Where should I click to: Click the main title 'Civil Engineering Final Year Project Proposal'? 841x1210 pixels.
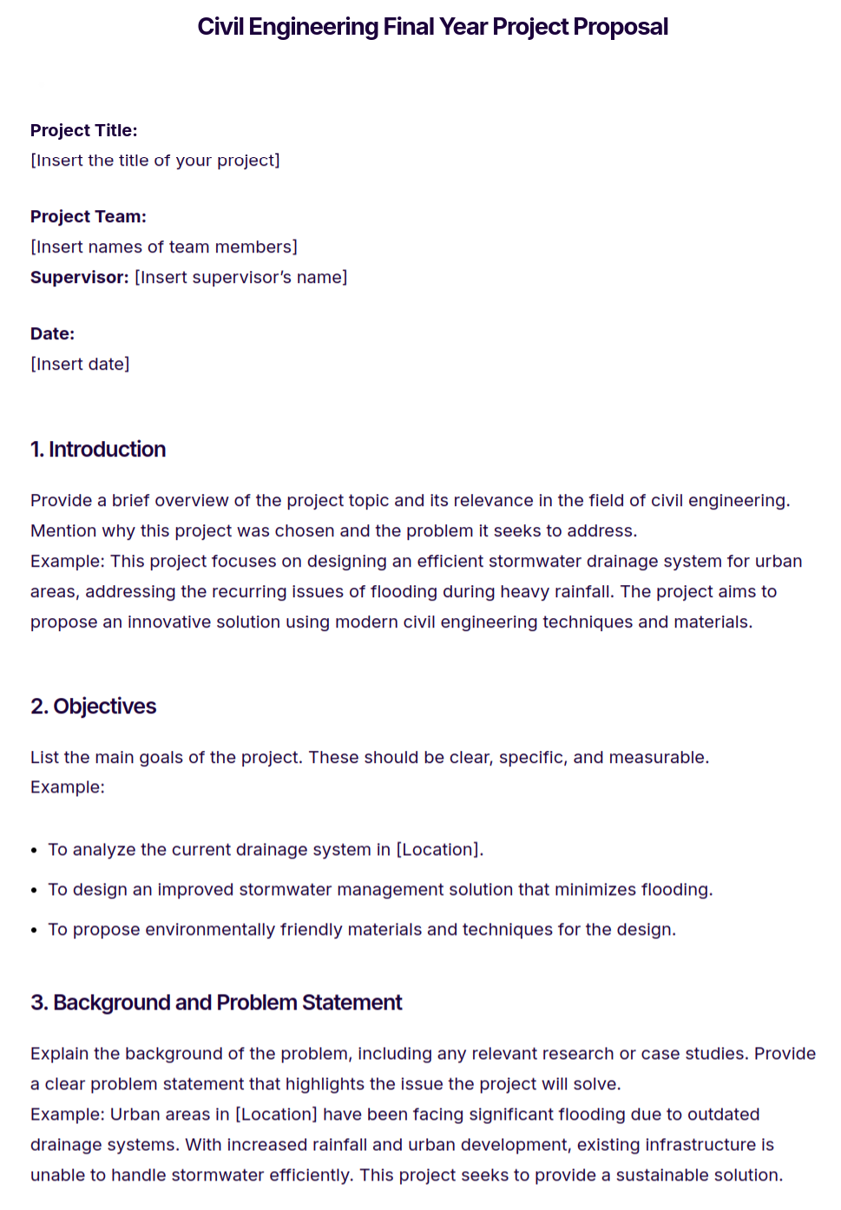432,27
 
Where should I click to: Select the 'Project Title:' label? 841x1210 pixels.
83,130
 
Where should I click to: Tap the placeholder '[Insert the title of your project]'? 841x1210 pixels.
155,161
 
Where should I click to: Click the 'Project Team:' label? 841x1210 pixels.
88,216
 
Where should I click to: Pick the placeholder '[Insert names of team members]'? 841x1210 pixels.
164,247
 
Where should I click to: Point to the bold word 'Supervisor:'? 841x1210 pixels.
79,278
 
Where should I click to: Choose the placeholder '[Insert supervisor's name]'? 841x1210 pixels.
241,278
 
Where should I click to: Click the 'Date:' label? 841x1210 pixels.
52,333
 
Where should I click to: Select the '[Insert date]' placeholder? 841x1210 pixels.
80,365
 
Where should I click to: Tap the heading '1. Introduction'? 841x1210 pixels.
98,450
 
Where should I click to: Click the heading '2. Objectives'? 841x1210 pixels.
94,707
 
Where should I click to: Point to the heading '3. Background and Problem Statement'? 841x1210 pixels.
216,1003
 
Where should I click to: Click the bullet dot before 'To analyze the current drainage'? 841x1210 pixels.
34,851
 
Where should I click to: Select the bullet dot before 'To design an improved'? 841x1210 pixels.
34,891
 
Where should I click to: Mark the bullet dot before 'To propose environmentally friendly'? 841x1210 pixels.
34,931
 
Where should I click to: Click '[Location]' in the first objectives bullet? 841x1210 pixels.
437,850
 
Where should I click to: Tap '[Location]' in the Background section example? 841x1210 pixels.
276,1115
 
